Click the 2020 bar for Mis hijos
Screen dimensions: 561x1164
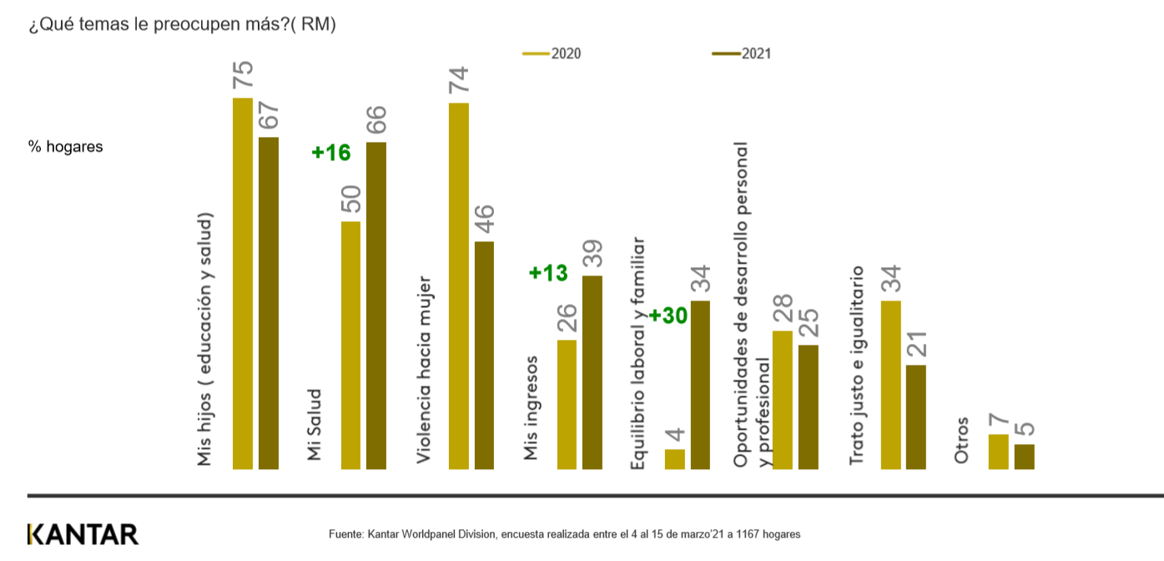click(x=243, y=284)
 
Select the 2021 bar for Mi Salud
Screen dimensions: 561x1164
click(x=376, y=306)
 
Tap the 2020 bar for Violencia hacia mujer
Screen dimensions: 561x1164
click(x=459, y=286)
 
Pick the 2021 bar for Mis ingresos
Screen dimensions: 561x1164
click(x=592, y=372)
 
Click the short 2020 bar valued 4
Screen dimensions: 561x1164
click(x=675, y=459)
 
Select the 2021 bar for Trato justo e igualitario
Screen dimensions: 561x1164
click(x=916, y=417)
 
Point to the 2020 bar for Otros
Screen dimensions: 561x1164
click(x=998, y=452)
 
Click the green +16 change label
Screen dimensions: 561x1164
click(x=331, y=153)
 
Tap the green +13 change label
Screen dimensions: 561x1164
click(x=548, y=273)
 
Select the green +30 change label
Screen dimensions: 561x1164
click(x=668, y=316)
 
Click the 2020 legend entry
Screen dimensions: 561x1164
click(x=552, y=53)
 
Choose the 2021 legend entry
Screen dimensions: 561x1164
click(x=742, y=53)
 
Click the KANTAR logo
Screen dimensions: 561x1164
click(x=83, y=534)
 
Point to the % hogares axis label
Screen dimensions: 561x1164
click(x=66, y=147)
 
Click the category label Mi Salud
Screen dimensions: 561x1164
click(x=315, y=424)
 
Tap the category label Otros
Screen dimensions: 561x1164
click(x=962, y=440)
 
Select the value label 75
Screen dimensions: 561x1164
click(x=243, y=75)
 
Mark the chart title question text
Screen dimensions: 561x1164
click(x=182, y=24)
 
